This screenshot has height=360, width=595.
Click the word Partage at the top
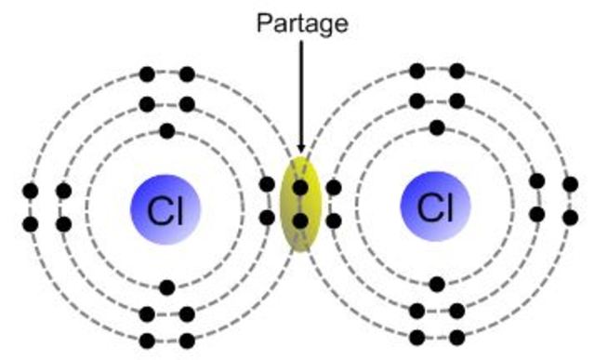click(302, 22)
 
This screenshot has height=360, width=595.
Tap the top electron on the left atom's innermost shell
click(166, 130)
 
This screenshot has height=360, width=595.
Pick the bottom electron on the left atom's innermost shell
click(166, 287)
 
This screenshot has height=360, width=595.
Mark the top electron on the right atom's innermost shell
click(436, 127)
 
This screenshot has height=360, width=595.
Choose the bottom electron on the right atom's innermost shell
click(436, 284)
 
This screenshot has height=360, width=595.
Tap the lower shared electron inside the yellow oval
click(299, 220)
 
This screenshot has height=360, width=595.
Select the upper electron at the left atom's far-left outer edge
click(31, 192)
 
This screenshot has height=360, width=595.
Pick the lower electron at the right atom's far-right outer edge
click(570, 217)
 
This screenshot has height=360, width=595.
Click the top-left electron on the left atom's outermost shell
click(146, 73)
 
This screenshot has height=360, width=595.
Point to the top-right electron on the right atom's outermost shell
click(456, 70)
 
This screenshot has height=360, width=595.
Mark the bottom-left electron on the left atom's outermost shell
click(146, 340)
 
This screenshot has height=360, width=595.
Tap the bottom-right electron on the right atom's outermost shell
click(456, 338)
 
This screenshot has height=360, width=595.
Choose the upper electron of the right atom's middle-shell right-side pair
click(536, 181)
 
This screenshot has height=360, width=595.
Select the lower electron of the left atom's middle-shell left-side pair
click(63, 224)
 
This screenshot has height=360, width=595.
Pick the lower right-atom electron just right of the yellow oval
click(333, 221)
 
